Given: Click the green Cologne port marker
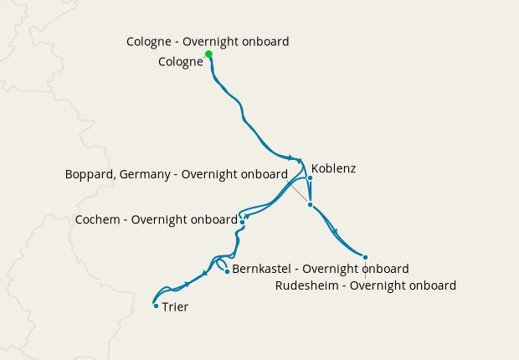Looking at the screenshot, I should [208, 54].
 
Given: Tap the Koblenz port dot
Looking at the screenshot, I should [310, 177].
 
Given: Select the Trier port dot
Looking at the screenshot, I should [156, 306].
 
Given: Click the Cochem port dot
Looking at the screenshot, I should [243, 222].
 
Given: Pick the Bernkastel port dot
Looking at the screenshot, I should [227, 271].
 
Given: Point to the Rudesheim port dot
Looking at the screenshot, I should [365, 257].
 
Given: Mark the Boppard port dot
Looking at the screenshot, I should [310, 204].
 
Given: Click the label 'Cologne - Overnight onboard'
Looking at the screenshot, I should [208, 41].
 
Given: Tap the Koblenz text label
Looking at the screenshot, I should [333, 168].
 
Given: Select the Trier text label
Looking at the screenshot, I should [175, 307].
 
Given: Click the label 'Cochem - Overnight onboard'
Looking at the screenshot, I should [157, 220].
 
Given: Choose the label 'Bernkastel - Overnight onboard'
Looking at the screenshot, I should [320, 269].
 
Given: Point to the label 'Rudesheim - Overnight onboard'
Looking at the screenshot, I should [366, 285].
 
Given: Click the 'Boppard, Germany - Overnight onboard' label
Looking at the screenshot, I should [177, 174].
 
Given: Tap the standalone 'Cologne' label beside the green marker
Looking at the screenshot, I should [180, 61].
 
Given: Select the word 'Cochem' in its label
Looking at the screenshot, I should [96, 220].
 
